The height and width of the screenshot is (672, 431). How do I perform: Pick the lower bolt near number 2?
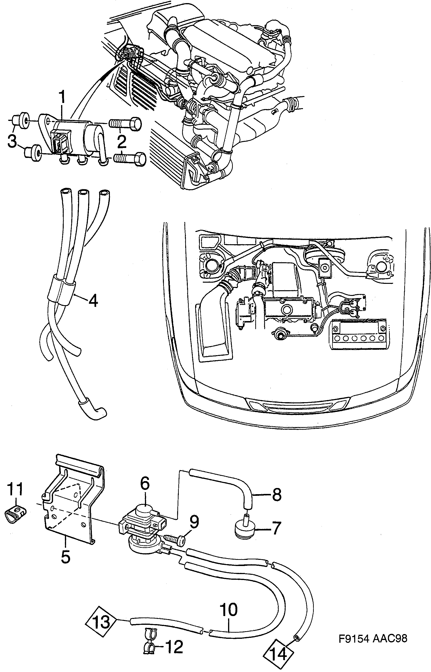click(129, 159)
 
